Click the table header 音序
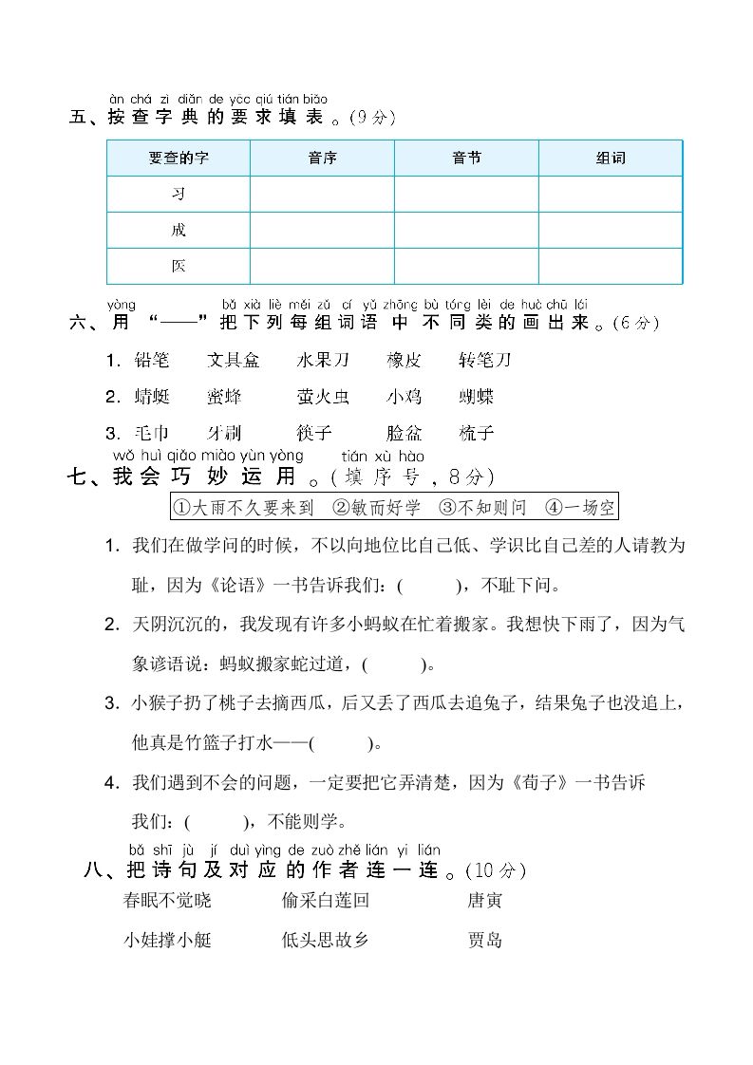[x=323, y=159]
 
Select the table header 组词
[x=611, y=159]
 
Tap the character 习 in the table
[x=179, y=195]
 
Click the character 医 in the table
[x=179, y=267]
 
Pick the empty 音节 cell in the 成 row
[x=466, y=231]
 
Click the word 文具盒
[x=233, y=361]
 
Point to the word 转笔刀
[x=484, y=361]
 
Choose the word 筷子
[x=313, y=434]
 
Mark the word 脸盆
[x=405, y=434]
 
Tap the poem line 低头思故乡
[x=325, y=941]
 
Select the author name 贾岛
[x=484, y=941]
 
